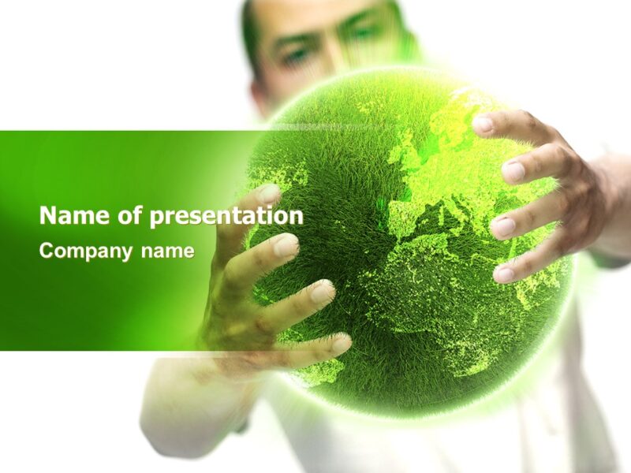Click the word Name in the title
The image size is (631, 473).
pos(65,215)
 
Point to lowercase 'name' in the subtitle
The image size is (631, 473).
pos(167,251)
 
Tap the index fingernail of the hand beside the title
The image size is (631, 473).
pos(286,246)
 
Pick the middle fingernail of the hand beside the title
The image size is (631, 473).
pos(322,293)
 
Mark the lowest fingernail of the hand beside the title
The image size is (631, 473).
pos(340,344)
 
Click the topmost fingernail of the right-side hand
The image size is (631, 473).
pos(483,125)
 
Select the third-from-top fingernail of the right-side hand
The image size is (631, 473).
pos(503,227)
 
